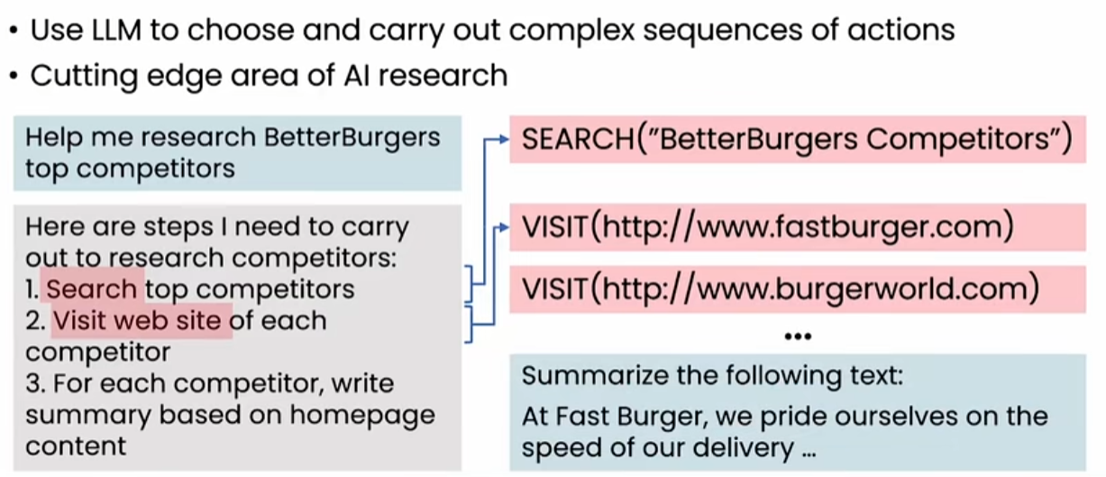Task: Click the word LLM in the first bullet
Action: (117, 30)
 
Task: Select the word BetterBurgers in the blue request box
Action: (352, 137)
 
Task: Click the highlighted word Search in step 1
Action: (91, 289)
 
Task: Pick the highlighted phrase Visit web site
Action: (137, 321)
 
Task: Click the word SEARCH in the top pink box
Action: (578, 139)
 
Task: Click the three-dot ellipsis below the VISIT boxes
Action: (798, 336)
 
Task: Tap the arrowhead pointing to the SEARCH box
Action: (504, 140)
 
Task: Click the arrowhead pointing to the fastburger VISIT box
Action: (504, 227)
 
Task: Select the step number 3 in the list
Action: (32, 384)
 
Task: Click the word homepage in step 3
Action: (362, 416)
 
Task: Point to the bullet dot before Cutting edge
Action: (14, 77)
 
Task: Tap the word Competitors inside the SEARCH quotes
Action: (957, 140)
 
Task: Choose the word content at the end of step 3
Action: (76, 446)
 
